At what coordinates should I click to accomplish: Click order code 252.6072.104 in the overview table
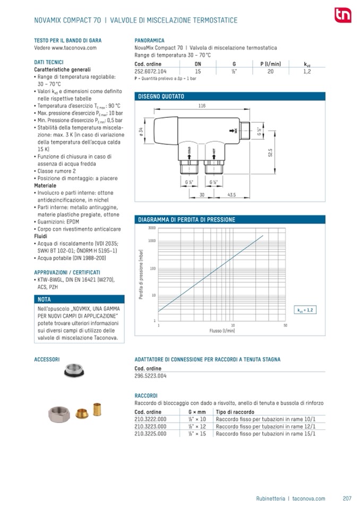(151, 71)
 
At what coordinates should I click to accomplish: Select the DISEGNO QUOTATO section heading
(161, 97)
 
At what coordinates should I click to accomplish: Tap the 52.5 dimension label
(270, 153)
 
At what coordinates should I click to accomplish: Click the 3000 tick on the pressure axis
(151, 228)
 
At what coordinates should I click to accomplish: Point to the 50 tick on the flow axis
(285, 325)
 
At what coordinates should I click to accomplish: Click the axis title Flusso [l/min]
(222, 331)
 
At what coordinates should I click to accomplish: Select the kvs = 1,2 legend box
(305, 309)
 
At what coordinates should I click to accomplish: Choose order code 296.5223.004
(151, 376)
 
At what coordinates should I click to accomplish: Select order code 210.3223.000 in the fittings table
(151, 426)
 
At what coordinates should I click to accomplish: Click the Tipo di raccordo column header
(235, 412)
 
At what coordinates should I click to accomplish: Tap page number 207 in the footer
(347, 498)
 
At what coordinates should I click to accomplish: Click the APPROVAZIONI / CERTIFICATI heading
(67, 272)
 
